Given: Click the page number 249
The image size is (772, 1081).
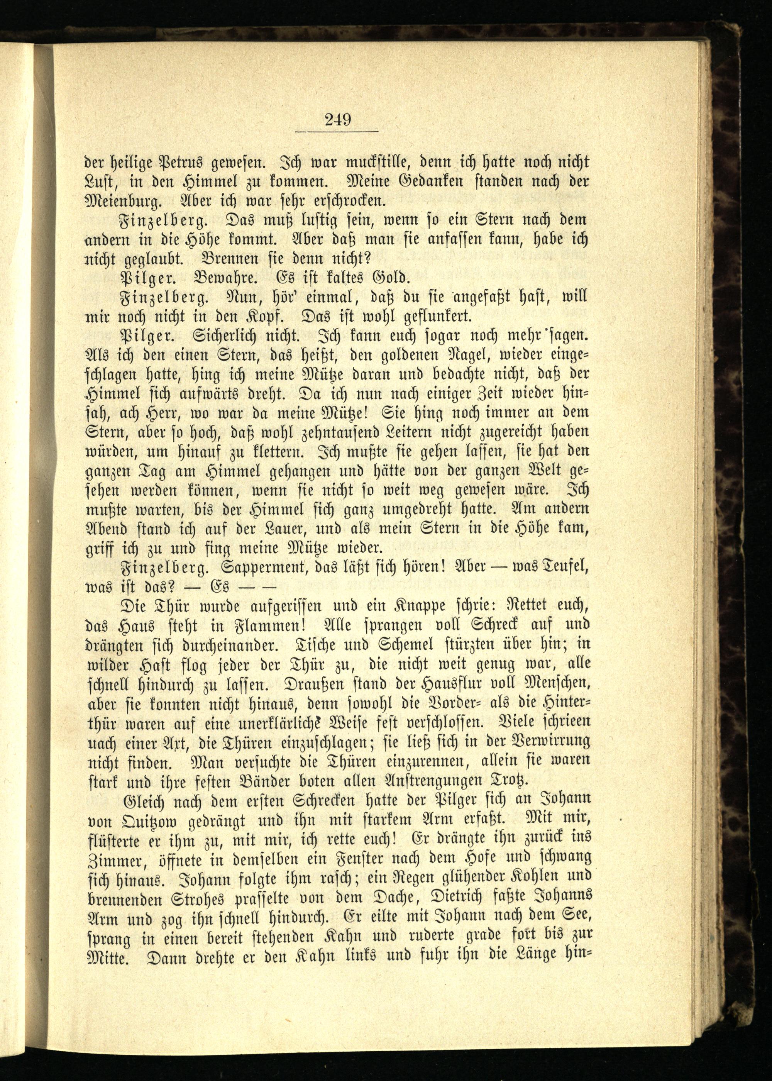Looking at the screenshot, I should click(338, 119).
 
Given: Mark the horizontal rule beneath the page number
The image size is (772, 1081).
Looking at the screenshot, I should click(337, 132).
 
